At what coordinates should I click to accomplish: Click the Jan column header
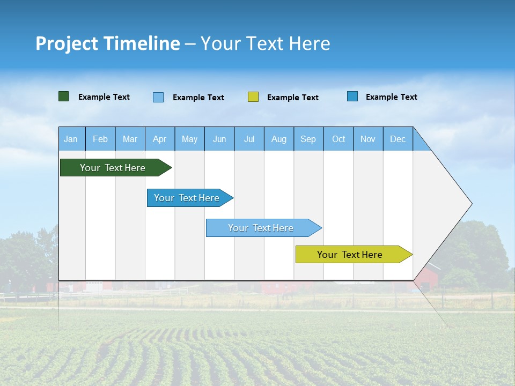pyautogui.click(x=71, y=139)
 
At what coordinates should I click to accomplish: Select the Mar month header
pyautogui.click(x=130, y=139)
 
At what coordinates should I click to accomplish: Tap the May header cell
pyautogui.click(x=189, y=139)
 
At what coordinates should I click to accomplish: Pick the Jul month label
pyautogui.click(x=249, y=139)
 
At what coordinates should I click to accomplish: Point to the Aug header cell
pyautogui.click(x=279, y=139)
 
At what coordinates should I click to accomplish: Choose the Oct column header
pyautogui.click(x=339, y=139)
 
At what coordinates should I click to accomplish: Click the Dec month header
pyautogui.click(x=398, y=139)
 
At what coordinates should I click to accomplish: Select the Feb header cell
pyautogui.click(x=100, y=139)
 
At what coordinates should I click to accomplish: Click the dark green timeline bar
pyautogui.click(x=113, y=168)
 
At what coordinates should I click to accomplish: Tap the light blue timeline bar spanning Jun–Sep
pyautogui.click(x=261, y=228)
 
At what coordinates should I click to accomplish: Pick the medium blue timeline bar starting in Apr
pyautogui.click(x=187, y=198)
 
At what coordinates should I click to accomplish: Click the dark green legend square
pyautogui.click(x=64, y=96)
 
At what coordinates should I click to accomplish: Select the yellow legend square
pyautogui.click(x=253, y=97)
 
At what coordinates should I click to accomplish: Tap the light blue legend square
pyautogui.click(x=158, y=97)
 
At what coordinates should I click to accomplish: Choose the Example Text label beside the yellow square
pyautogui.click(x=292, y=98)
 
